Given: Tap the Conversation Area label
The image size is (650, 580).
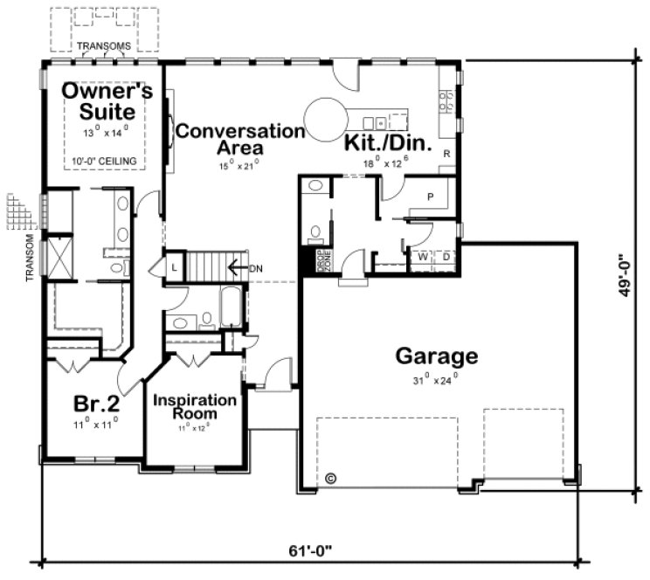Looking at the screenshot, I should coord(240,140).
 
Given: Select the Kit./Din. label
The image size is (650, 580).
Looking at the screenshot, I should coord(389,142).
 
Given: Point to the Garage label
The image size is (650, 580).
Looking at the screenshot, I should coord(437,356).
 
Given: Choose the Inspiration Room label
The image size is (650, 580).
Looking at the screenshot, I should coord(195,406).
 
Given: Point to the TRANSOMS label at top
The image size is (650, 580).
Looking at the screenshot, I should coord(104,46).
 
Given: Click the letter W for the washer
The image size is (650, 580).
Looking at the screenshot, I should coord(422,258).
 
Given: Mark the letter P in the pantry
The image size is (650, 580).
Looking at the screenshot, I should coord(430,197).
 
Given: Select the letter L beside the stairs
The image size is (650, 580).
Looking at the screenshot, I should coord(174,266).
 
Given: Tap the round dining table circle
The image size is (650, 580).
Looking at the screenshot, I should coord(325,117).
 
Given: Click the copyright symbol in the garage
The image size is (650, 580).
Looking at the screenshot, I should coord(330,478).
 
